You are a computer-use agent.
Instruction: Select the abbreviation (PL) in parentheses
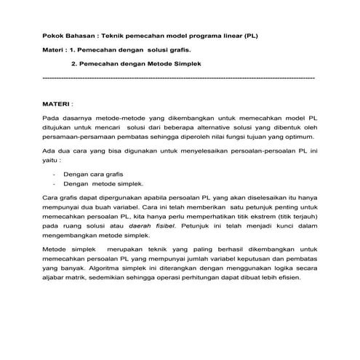coord(249,35)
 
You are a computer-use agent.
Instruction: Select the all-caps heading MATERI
coord(60,104)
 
